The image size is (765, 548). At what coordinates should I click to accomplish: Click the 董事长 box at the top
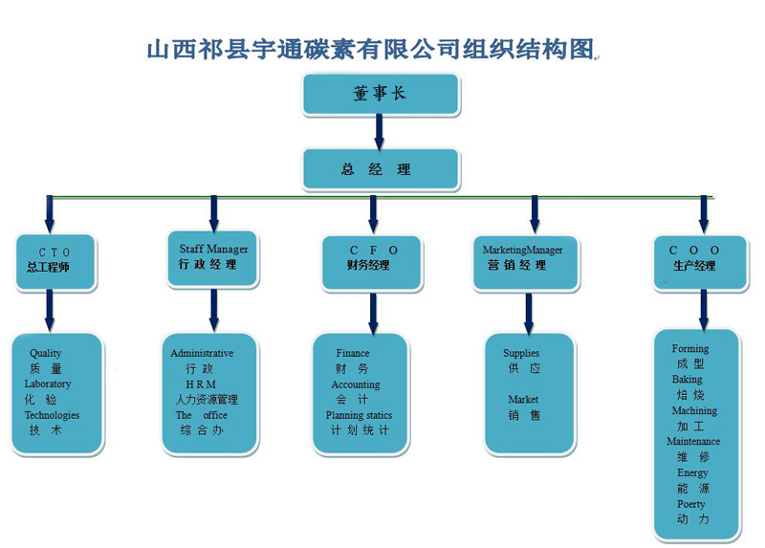point(380,94)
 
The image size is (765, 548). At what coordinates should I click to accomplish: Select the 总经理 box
point(380,169)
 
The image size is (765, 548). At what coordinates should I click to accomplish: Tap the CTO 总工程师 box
point(55,259)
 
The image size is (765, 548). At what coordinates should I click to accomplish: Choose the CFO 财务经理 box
point(373,258)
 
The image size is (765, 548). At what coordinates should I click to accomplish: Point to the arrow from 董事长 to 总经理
point(380,131)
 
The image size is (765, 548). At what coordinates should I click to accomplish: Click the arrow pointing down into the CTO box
point(50,213)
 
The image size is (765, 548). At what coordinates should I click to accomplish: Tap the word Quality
point(46,354)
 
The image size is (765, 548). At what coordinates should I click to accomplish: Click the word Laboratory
point(48,384)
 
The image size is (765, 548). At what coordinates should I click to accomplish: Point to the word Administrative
point(202,354)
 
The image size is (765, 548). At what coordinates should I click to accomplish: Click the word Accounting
point(356,384)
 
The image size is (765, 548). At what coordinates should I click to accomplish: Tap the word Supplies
point(521,354)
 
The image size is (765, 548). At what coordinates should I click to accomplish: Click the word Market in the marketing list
point(523,400)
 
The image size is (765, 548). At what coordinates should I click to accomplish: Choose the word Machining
point(694,411)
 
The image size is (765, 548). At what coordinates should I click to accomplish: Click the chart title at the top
point(371,48)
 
